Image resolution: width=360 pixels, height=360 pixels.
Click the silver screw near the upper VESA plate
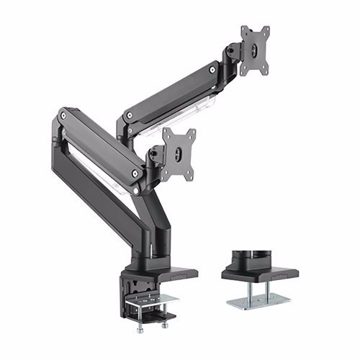pos(212,70)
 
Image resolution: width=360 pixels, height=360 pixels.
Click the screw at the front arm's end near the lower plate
pos(135,172)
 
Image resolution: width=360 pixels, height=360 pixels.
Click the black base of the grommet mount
pos(259,274)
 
